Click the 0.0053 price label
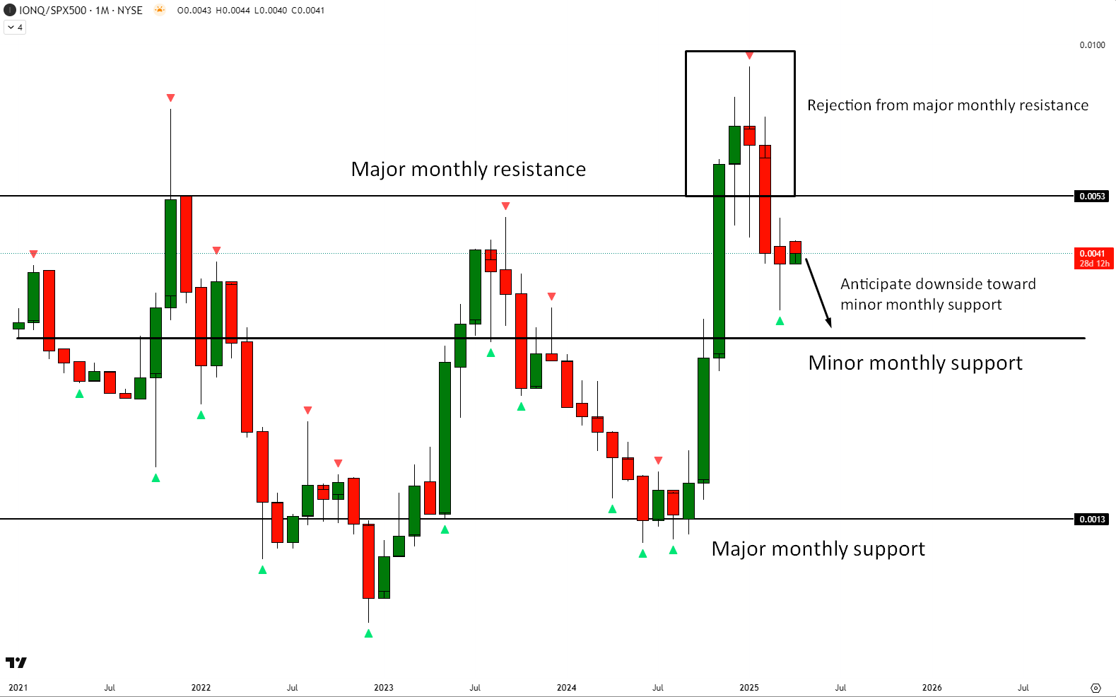pyautogui.click(x=1092, y=196)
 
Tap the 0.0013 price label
pyautogui.click(x=1092, y=519)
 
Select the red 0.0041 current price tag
pyautogui.click(x=1093, y=258)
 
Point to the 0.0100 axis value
pyautogui.click(x=1092, y=45)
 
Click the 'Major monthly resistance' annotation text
pyautogui.click(x=468, y=170)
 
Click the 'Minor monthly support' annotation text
pyautogui.click(x=915, y=363)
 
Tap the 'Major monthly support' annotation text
pyautogui.click(x=818, y=549)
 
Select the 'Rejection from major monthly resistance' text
pyautogui.click(x=947, y=105)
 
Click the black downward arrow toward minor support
pyautogui.click(x=818, y=293)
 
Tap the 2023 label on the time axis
pyautogui.click(x=384, y=687)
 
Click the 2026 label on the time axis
pyautogui.click(x=932, y=687)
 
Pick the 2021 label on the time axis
pyautogui.click(x=18, y=687)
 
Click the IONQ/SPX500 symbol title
pyautogui.click(x=53, y=11)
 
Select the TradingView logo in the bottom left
pyautogui.click(x=16, y=662)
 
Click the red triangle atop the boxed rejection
pyautogui.click(x=749, y=56)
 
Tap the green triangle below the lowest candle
pyautogui.click(x=368, y=633)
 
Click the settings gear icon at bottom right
pyautogui.click(x=1096, y=688)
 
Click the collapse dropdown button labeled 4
pyautogui.click(x=15, y=28)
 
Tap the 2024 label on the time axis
pyautogui.click(x=566, y=687)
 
